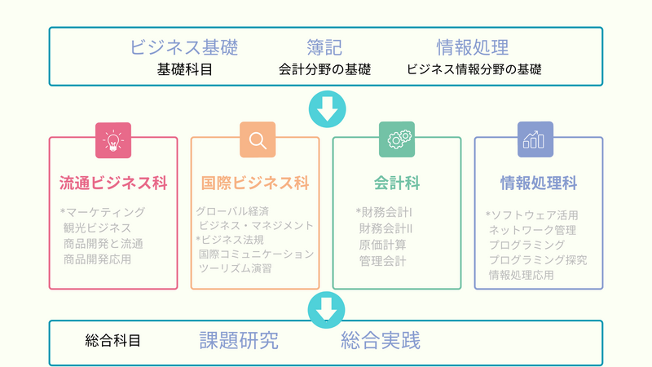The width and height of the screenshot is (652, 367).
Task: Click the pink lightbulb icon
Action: click(x=113, y=140)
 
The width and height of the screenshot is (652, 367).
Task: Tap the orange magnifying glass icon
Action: click(x=258, y=139)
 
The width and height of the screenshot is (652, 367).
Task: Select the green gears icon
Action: click(x=397, y=139)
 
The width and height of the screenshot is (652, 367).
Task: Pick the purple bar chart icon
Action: click(x=535, y=139)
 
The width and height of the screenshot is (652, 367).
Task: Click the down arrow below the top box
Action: click(x=328, y=109)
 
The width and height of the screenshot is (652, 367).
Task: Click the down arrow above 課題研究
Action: click(x=327, y=310)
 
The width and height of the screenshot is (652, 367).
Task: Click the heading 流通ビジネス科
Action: click(x=113, y=183)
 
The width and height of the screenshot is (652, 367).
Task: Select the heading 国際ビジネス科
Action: click(x=255, y=183)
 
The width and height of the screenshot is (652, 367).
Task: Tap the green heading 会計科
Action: click(x=397, y=183)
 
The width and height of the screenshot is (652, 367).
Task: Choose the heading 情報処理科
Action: click(x=539, y=183)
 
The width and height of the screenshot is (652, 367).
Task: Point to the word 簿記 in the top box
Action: click(x=324, y=47)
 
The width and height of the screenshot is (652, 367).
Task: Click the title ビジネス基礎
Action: click(x=184, y=47)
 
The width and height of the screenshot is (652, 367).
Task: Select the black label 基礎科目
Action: click(x=185, y=69)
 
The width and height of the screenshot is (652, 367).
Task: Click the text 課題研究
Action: click(x=239, y=340)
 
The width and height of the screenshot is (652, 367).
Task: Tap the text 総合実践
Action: click(x=381, y=340)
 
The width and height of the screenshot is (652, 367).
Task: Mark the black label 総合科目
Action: click(x=112, y=341)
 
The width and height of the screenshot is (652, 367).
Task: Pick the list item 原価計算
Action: click(x=382, y=245)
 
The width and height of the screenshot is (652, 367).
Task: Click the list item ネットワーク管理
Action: click(x=532, y=230)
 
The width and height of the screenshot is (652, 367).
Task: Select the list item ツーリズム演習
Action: click(x=235, y=268)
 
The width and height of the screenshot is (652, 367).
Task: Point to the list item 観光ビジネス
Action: click(x=97, y=228)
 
